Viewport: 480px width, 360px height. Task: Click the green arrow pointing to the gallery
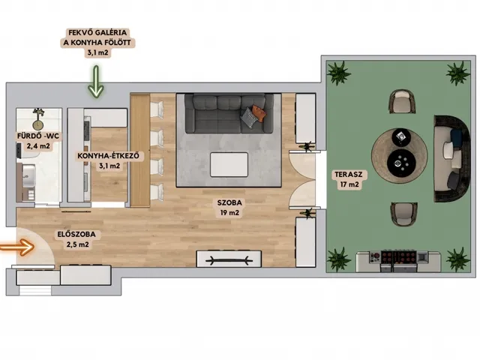[96, 82]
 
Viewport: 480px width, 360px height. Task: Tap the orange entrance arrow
[17, 247]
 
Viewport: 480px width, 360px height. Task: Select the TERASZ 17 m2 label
[349, 179]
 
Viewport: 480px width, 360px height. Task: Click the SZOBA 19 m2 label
[229, 208]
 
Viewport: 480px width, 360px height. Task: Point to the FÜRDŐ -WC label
[38, 136]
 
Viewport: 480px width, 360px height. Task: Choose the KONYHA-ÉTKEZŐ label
[108, 156]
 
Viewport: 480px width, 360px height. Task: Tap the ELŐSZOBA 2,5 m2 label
[76, 239]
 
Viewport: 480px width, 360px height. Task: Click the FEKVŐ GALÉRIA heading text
[97, 32]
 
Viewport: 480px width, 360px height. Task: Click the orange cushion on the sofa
[259, 113]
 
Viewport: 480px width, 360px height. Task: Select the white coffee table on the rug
[229, 164]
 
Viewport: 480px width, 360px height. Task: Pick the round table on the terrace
[400, 156]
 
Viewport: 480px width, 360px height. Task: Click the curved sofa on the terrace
[451, 158]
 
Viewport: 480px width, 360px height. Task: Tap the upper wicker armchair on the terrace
[403, 101]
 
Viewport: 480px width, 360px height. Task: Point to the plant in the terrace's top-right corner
[457, 73]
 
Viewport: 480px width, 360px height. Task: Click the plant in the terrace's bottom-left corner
[338, 259]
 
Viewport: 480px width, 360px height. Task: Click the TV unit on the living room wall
[229, 259]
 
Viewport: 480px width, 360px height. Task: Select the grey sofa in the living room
[229, 113]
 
